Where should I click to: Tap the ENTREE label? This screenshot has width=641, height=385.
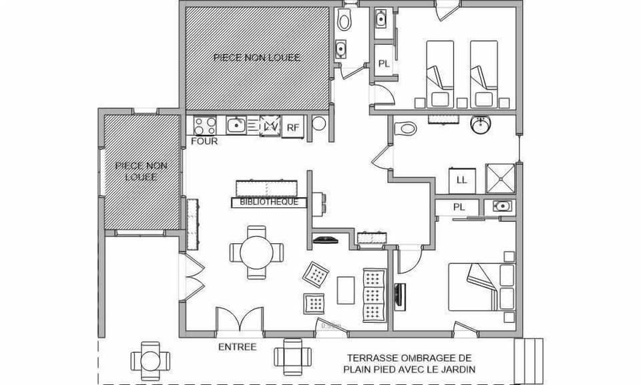[x=237, y=347]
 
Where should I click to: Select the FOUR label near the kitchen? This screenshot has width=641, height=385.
[x=204, y=142]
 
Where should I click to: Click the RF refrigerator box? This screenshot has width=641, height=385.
[x=292, y=126]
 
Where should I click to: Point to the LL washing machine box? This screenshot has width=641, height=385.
[x=461, y=179]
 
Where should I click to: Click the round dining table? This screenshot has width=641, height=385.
[x=256, y=252]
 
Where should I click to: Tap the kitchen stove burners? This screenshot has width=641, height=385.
[x=205, y=125]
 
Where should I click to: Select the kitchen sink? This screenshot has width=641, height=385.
[x=236, y=125]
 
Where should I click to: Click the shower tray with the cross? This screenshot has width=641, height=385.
[x=500, y=178]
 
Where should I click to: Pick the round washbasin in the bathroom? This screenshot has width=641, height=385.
[x=481, y=124]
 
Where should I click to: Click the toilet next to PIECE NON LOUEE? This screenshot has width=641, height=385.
[x=345, y=21]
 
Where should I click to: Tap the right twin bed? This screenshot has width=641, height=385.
[x=483, y=72]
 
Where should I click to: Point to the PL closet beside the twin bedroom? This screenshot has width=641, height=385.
[x=384, y=63]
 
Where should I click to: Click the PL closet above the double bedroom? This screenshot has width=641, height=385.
[x=459, y=207]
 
